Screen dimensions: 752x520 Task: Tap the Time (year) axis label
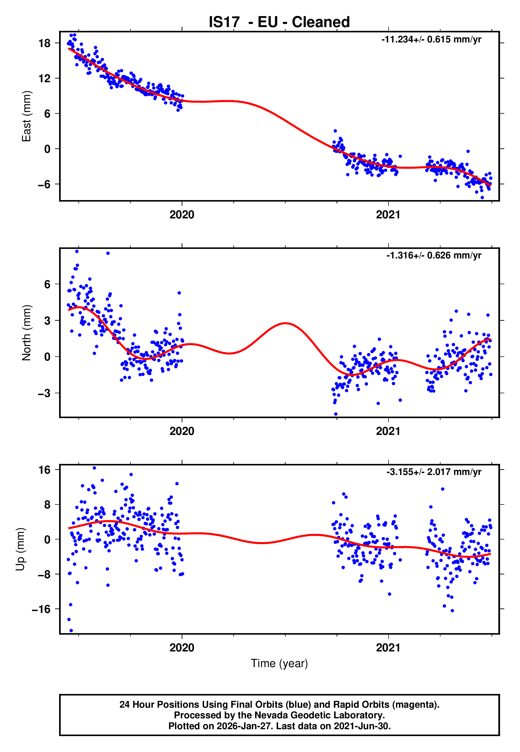279,664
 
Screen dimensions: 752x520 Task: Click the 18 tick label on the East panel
44,43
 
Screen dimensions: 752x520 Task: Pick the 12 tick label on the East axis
44,78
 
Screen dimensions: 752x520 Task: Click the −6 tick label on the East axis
44,184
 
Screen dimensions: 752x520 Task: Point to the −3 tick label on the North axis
44,393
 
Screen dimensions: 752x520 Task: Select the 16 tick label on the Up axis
44,470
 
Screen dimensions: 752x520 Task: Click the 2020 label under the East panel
182,215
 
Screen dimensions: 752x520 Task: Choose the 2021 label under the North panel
388,431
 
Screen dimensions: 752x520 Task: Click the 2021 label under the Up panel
388,648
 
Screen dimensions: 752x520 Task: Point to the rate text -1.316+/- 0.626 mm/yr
434,255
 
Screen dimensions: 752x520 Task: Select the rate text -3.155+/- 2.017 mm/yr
434,472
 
